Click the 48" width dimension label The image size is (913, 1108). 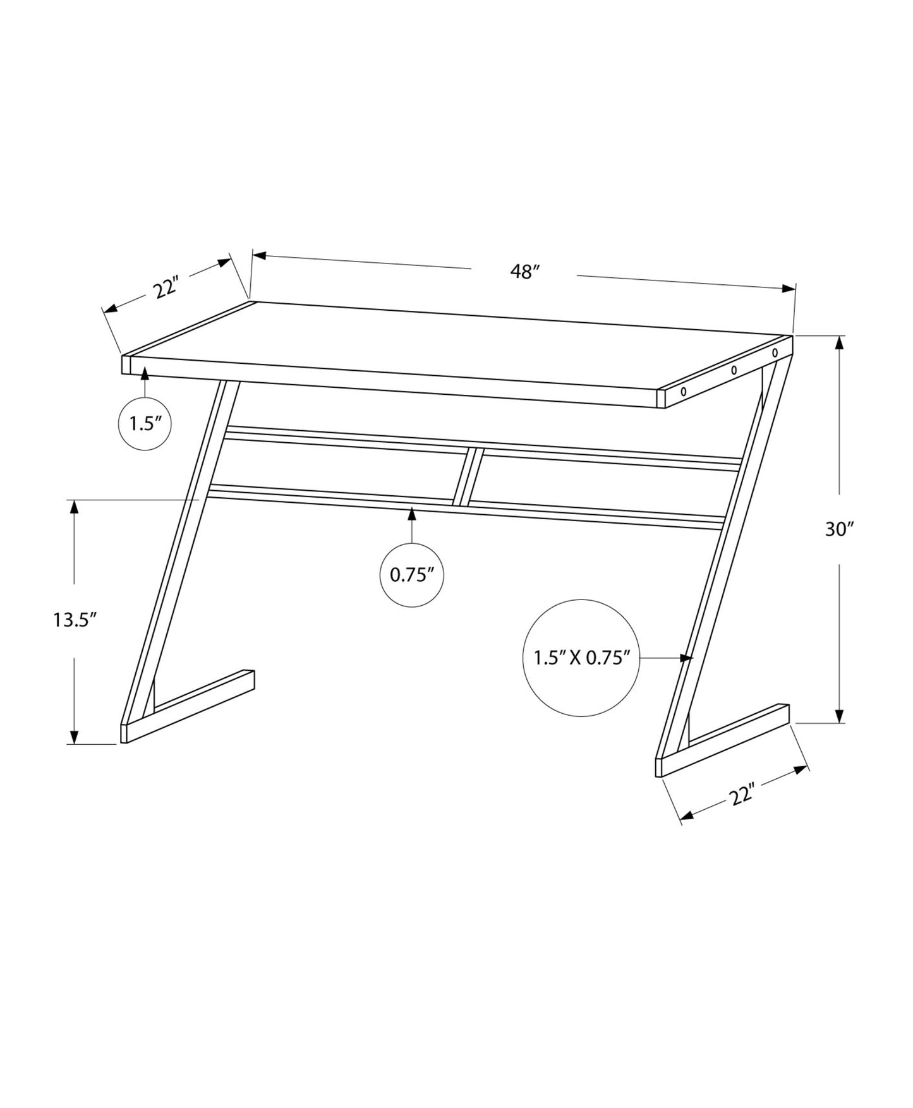pos(524,272)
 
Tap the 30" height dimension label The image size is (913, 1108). pos(839,529)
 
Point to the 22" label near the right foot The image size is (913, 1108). pos(743,795)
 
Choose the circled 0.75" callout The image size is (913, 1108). pos(411,575)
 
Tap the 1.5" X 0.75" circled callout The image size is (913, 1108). pos(582,658)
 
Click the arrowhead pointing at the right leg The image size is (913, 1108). pos(687,658)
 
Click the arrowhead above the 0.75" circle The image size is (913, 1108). pos(412,514)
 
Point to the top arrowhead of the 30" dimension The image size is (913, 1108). pos(839,343)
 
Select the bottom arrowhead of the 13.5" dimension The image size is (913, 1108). pos(75,737)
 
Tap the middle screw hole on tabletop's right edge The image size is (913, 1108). pos(734,371)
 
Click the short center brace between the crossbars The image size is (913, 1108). pos(468,476)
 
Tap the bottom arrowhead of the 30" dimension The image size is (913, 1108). pos(839,715)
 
